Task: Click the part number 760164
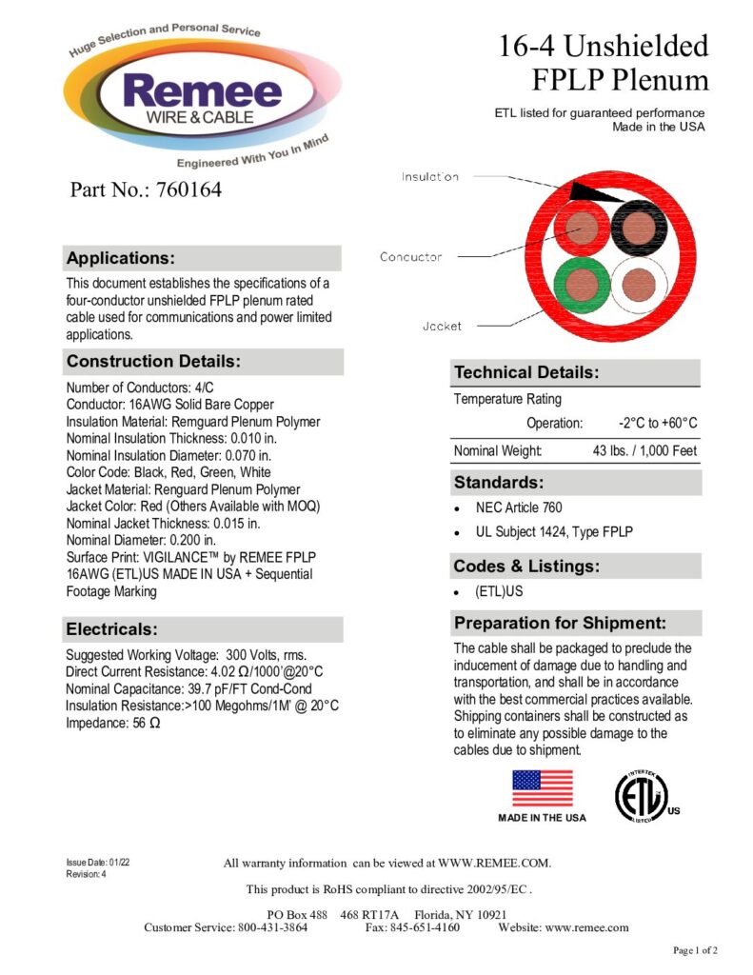click(146, 190)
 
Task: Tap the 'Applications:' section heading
click(120, 258)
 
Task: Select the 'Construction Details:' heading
click(152, 362)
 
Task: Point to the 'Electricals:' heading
click(110, 629)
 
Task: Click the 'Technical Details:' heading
click(525, 372)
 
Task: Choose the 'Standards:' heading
click(499, 482)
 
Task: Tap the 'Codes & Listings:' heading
click(526, 567)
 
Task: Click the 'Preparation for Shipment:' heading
click(560, 624)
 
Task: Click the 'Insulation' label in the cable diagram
click(429, 177)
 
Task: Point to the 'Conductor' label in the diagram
click(410, 257)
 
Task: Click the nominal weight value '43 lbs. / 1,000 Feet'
click(644, 450)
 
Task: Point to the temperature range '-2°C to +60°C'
click(658, 423)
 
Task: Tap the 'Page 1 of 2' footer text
click(695, 950)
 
